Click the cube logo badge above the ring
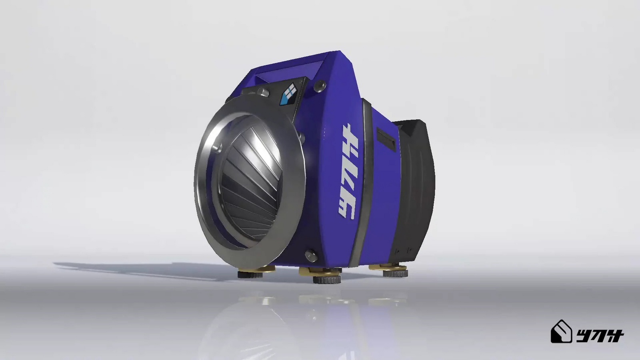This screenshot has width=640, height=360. (x=288, y=95)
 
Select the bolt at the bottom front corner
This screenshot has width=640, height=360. (x=310, y=255)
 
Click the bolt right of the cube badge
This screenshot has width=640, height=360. (x=320, y=85)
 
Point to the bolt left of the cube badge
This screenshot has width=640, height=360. (x=262, y=92)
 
